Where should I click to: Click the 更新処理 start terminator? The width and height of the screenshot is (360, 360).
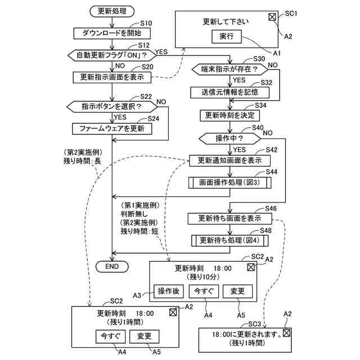tap(112, 11)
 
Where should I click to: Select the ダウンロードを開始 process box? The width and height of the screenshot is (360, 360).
tap(112, 33)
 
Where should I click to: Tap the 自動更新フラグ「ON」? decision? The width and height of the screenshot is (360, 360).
tap(112, 55)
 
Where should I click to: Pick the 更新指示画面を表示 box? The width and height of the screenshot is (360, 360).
tap(112, 78)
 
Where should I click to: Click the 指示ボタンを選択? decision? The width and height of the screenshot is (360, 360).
tap(112, 106)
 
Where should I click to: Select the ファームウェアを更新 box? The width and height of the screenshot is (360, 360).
tap(112, 129)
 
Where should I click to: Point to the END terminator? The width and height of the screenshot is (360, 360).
tap(112, 267)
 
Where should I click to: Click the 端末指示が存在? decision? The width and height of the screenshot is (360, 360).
tap(229, 69)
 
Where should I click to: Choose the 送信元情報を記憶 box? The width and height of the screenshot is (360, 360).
tap(229, 92)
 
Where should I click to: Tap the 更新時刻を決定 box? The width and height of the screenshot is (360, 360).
tap(229, 115)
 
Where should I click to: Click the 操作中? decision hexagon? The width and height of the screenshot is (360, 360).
tap(229, 138)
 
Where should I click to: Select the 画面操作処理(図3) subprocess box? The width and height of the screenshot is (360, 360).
tap(229, 182)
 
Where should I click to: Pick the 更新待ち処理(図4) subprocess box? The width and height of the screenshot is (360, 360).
tap(229, 241)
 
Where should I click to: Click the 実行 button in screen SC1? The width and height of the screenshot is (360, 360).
tap(226, 37)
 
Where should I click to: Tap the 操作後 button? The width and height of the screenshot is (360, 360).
tap(169, 291)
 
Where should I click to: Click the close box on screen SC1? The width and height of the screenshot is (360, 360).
tap(272, 17)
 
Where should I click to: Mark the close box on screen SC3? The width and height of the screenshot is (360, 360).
tap(286, 333)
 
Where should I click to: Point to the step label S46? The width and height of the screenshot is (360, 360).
tap(271, 209)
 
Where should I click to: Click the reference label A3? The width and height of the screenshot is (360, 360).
tap(137, 295)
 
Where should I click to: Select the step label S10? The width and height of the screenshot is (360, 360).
tap(146, 23)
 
